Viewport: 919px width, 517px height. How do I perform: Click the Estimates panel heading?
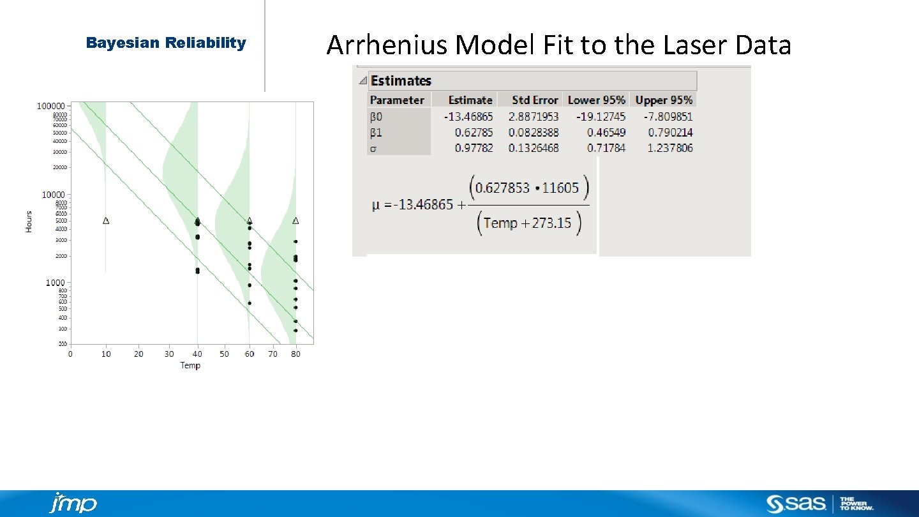point(401,81)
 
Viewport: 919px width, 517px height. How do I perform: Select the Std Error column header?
point(535,100)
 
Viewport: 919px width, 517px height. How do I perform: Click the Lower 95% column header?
point(597,100)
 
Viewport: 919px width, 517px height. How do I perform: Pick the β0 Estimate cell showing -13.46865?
point(468,117)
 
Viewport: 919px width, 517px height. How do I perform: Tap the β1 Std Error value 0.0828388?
point(534,133)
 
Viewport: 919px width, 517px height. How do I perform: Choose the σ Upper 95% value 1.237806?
point(664,148)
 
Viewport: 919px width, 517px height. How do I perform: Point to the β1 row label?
point(377,133)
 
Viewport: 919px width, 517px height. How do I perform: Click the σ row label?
point(374,148)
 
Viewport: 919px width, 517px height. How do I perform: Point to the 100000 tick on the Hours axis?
point(50,106)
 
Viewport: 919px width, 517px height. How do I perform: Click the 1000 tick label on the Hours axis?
point(54,283)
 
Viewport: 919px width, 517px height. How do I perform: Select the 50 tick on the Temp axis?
point(224,354)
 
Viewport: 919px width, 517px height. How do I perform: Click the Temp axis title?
point(190,366)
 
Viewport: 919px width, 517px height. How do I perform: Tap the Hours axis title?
point(29,221)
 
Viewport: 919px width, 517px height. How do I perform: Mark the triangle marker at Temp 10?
point(106,221)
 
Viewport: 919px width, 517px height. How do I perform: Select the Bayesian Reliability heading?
point(166,43)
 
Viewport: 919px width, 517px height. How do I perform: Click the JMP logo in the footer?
point(73,504)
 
